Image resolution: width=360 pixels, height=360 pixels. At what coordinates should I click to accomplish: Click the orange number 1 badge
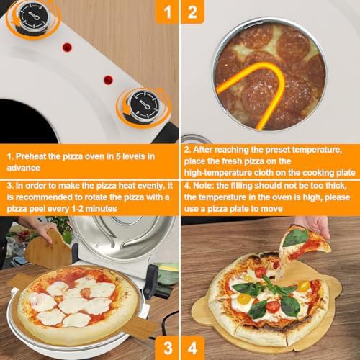(167, 12)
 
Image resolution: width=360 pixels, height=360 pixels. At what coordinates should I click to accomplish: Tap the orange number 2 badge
(192, 12)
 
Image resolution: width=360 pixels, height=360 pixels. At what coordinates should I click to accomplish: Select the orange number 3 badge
(167, 348)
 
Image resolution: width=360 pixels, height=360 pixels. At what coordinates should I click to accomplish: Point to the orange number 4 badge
(192, 348)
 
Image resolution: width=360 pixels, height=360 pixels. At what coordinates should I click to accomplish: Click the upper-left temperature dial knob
(32, 17)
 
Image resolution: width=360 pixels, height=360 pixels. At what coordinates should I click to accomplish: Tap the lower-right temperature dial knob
(144, 105)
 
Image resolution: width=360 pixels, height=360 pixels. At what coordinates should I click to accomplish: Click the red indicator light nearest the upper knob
(67, 48)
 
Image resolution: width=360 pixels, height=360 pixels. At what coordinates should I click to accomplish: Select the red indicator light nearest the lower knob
(108, 80)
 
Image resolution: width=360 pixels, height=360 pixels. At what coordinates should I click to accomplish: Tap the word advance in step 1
(23, 168)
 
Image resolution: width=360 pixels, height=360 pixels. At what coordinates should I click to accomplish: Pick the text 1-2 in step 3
(78, 209)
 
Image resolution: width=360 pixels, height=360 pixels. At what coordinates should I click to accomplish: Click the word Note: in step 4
(204, 186)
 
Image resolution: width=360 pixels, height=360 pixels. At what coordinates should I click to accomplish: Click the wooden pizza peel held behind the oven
(48, 250)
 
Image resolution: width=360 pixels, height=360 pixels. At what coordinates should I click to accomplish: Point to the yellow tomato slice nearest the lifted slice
(304, 286)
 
